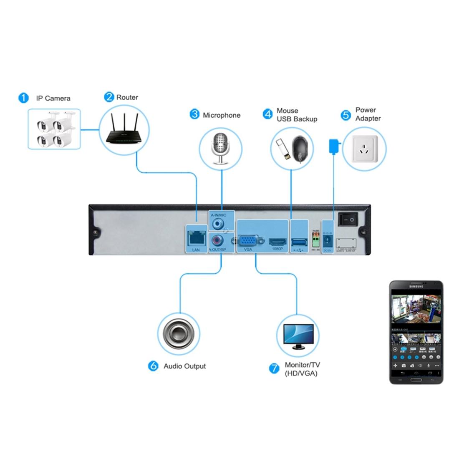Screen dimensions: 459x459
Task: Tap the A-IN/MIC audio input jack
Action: pos(217,224)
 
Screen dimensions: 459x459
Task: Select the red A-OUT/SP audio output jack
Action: pos(217,241)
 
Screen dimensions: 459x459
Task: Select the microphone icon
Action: pos(221,147)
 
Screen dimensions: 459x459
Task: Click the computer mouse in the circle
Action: pos(301,149)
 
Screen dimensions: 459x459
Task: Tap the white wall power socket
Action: pos(364,149)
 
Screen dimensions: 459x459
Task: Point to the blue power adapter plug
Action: pos(333,146)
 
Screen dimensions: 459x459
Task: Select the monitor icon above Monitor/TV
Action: pos(298,336)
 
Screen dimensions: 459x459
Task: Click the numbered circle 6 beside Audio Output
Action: pos(154,366)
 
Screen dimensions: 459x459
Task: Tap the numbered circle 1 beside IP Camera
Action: pos(23,98)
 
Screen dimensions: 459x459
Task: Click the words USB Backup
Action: pos(297,119)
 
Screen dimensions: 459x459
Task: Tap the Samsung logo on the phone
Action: pos(416,286)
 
